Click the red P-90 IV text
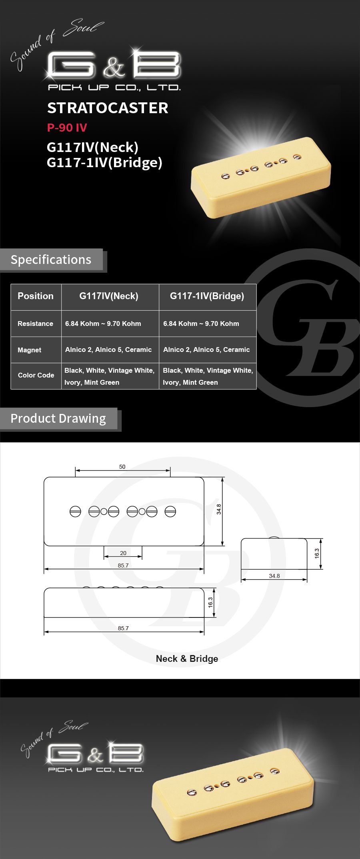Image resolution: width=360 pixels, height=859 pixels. point(67,128)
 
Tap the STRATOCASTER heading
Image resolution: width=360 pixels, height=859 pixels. point(108,108)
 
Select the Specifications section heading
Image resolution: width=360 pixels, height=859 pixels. point(51,260)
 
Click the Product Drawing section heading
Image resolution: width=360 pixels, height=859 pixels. point(58,418)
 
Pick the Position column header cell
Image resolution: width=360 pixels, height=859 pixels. point(36,296)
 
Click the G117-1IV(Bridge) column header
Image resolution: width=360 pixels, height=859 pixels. point(207,296)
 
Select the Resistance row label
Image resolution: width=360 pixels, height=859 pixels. point(35,324)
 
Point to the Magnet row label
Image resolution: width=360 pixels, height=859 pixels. point(29,350)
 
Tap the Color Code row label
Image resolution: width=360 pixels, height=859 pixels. point(36,375)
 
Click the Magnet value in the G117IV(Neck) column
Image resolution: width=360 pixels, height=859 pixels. point(108,350)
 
